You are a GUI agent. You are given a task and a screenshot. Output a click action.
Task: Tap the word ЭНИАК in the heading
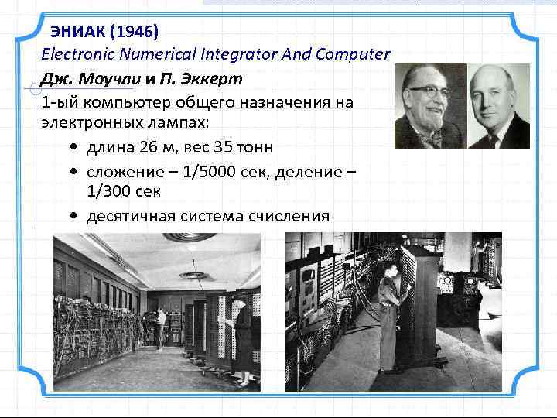coord(78,33)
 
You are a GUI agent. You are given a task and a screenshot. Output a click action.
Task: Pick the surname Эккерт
coord(210,79)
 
